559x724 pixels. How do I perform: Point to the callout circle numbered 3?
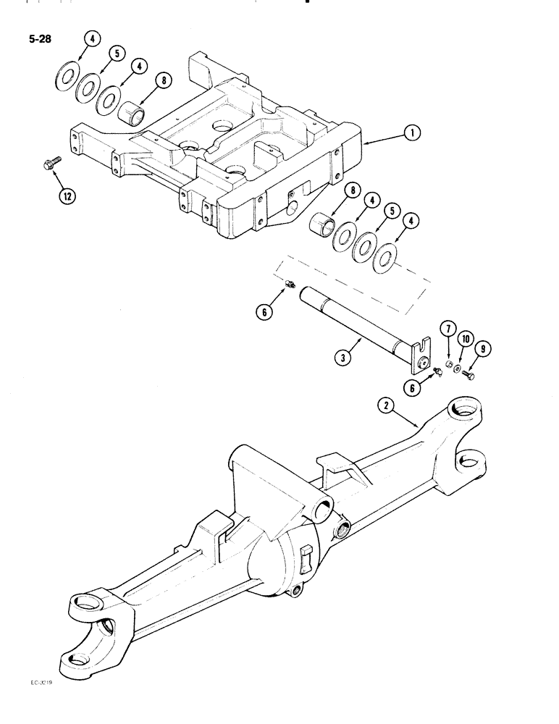coord(342,356)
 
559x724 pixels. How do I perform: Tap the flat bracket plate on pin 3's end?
coord(422,353)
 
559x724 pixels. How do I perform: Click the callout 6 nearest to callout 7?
coord(416,388)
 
